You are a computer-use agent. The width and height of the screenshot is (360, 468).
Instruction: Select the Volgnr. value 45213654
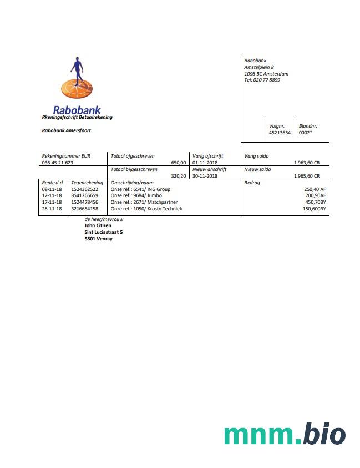[x=280, y=133]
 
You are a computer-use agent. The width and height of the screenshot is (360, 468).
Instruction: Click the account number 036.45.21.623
[x=58, y=163]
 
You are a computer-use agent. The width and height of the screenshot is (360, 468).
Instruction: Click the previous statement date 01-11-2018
[x=205, y=163]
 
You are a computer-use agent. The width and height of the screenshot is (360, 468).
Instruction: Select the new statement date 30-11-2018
[x=205, y=176]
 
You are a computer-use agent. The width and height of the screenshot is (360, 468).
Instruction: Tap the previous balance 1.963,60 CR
[x=307, y=163]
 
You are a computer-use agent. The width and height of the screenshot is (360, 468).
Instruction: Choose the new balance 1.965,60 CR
[x=307, y=176]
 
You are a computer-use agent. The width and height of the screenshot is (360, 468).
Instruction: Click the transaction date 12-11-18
[x=52, y=195]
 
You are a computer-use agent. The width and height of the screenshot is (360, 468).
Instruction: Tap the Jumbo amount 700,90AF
[x=316, y=195]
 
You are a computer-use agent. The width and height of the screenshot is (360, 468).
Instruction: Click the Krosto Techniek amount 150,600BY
[x=314, y=209]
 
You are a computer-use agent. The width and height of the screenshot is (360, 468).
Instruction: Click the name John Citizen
[x=98, y=225]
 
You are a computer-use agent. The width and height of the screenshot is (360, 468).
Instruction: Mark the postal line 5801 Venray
[x=98, y=239]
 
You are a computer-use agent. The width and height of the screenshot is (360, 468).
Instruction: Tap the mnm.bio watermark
[x=285, y=434]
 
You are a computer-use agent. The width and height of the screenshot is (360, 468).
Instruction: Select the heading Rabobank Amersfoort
[x=67, y=130]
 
